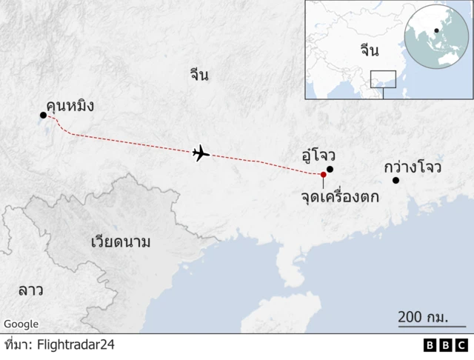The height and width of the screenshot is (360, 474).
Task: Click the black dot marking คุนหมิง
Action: (x=43, y=115)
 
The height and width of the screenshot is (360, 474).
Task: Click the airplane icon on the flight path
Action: (x=201, y=153)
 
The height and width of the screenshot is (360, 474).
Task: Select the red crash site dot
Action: (x=323, y=175)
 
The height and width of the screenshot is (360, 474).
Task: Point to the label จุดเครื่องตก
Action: (x=340, y=197)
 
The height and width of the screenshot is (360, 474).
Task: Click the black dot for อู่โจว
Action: (x=330, y=169)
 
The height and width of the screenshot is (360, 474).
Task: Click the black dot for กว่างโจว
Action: (x=395, y=181)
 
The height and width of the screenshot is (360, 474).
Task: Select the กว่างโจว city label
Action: (x=413, y=167)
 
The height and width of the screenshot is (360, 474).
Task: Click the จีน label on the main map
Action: (x=198, y=74)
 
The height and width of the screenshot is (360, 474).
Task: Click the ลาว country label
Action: (x=30, y=290)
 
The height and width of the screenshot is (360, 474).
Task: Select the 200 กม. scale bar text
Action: (x=423, y=316)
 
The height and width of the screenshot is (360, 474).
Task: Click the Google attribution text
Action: (x=21, y=324)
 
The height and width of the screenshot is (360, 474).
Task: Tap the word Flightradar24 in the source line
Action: (x=76, y=344)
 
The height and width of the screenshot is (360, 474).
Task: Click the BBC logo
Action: (x=446, y=344)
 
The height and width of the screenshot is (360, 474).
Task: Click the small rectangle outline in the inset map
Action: (x=383, y=79)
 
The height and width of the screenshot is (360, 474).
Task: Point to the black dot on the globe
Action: (x=436, y=31)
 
